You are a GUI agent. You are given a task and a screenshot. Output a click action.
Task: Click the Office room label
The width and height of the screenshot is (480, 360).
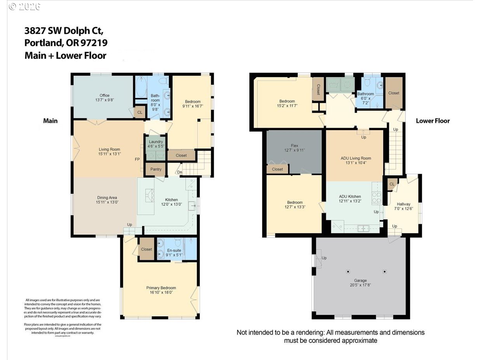[104, 95]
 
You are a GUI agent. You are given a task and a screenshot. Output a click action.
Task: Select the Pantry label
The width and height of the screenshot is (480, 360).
[155, 169]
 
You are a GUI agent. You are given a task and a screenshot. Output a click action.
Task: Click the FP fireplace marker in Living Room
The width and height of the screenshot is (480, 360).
[137, 159]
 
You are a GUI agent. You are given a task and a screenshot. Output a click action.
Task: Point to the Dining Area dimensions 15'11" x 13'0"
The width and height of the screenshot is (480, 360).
[107, 202]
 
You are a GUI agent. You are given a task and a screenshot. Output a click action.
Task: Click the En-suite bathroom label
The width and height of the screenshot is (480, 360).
[174, 250]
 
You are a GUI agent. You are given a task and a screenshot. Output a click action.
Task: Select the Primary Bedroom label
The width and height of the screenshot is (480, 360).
[161, 288]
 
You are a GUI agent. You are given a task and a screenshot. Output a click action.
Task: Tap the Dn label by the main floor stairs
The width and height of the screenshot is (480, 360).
[179, 172]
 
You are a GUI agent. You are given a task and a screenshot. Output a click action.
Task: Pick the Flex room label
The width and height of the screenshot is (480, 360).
[294, 146]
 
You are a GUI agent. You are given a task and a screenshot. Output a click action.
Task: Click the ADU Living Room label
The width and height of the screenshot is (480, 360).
[356, 158]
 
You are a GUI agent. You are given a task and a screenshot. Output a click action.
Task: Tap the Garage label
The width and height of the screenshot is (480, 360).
[360, 280]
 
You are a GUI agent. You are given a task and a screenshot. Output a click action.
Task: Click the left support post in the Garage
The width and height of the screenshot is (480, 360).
[348, 271]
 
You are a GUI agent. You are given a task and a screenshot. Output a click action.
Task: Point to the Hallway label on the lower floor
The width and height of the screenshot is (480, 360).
[403, 204]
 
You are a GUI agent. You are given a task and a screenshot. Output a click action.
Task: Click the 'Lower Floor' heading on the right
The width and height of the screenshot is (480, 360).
[433, 121]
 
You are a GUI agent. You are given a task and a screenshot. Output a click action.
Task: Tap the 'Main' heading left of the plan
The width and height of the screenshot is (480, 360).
[50, 121]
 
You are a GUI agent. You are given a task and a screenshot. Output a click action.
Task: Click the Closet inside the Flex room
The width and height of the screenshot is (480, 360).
[277, 169]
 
